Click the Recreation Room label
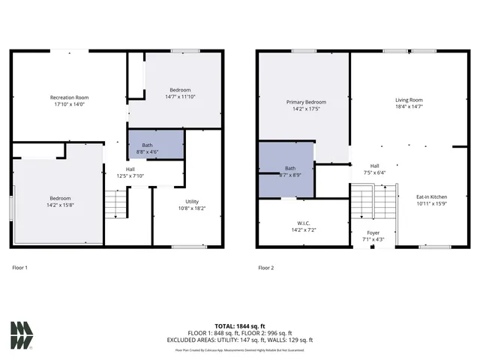click(69, 97)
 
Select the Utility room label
click(193, 202)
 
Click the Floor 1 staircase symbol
click(114, 202)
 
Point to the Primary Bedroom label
click(306, 102)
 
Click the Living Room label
click(409, 100)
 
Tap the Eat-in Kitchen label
click(433, 197)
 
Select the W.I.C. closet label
click(304, 221)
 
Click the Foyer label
click(373, 233)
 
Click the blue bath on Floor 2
click(285, 168)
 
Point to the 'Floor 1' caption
click(20, 267)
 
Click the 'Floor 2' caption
click(266, 267)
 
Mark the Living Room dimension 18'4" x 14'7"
click(409, 106)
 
